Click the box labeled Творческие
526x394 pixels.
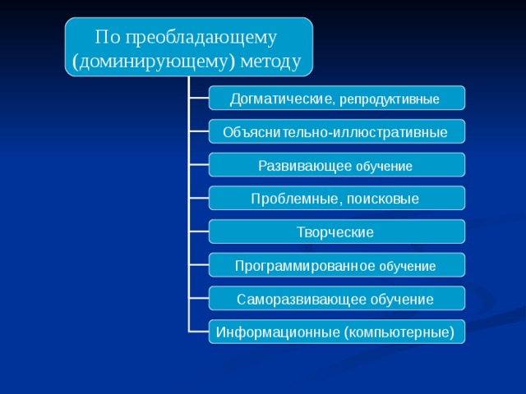coord(335,232)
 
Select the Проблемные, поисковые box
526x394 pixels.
coord(335,199)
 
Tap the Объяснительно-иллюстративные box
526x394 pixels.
coord(335,132)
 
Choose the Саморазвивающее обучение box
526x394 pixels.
coord(335,299)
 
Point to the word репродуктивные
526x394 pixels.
coord(389,99)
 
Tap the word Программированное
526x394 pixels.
coord(305,266)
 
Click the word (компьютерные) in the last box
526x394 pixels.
coord(399,332)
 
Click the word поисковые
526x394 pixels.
coord(383,199)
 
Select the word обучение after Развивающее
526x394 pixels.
coord(384,167)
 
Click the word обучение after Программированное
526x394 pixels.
coord(408,267)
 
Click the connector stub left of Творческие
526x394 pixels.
coord(198,232)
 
